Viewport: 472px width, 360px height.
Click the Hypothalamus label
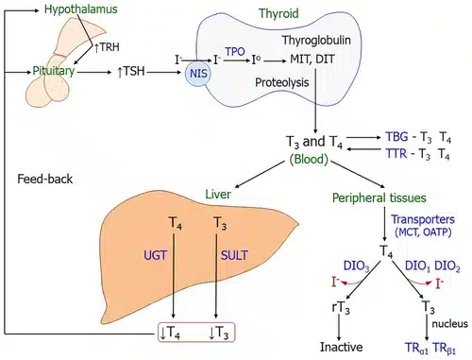click(80, 9)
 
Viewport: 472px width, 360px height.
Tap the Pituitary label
click(54, 71)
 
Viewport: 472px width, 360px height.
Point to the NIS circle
click(198, 74)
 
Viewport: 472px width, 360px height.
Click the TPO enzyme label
click(235, 51)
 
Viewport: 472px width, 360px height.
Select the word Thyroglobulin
click(316, 41)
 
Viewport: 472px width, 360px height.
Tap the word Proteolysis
click(282, 82)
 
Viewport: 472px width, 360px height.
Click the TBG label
click(396, 137)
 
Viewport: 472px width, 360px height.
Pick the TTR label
click(396, 154)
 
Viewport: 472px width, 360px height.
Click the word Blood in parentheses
click(309, 160)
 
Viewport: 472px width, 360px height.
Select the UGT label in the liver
click(155, 255)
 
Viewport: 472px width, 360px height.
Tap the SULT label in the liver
click(234, 255)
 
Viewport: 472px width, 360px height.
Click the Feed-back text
click(44, 180)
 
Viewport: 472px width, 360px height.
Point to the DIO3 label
click(356, 266)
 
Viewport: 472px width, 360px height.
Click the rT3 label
click(341, 307)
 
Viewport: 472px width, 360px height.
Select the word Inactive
click(342, 347)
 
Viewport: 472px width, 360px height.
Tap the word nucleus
click(449, 324)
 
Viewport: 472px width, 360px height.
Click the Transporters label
click(423, 219)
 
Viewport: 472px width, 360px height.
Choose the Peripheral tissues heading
click(379, 198)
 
